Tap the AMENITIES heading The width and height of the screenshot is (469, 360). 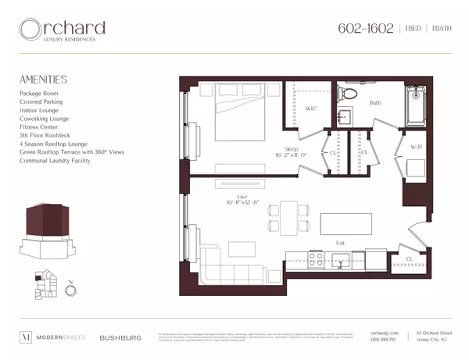tap(43, 80)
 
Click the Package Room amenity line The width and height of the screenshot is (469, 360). tap(40, 93)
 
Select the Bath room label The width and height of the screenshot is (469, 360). tap(375, 102)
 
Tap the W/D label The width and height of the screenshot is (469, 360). tap(416, 145)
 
